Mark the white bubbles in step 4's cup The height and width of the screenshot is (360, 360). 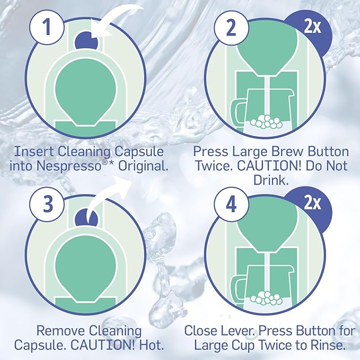(x=268, y=300)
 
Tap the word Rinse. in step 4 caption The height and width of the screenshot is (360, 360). (x=328, y=346)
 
